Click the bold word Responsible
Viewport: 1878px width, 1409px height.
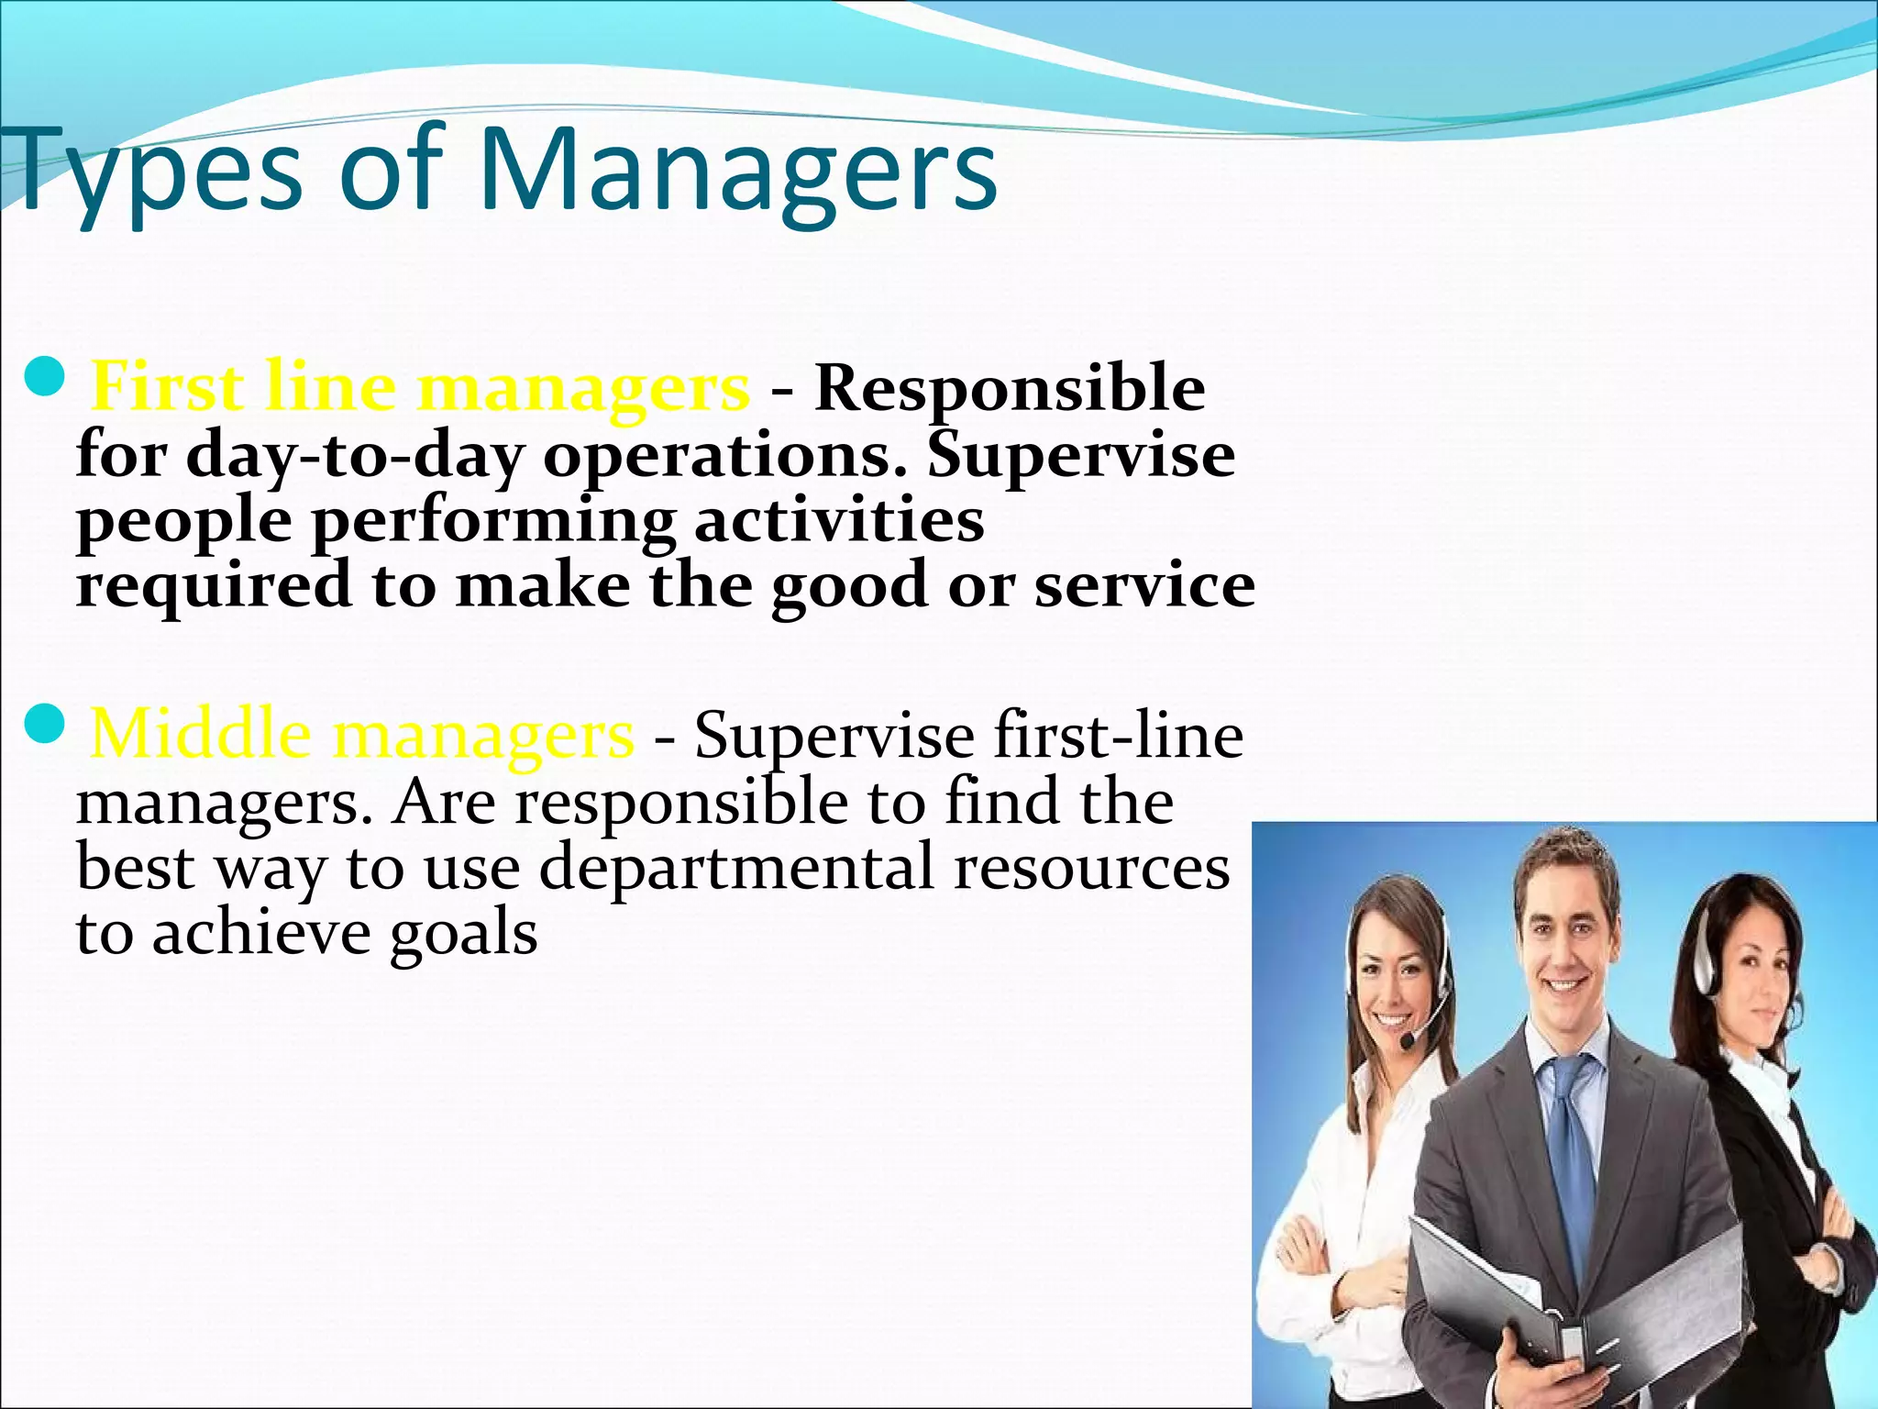(1010, 388)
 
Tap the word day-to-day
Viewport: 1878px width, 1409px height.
(354, 455)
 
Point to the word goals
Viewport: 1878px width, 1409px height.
(463, 934)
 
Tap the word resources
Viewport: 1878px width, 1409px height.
(1091, 867)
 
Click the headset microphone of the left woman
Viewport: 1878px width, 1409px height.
(1408, 1040)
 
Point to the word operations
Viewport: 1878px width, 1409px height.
(724, 455)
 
